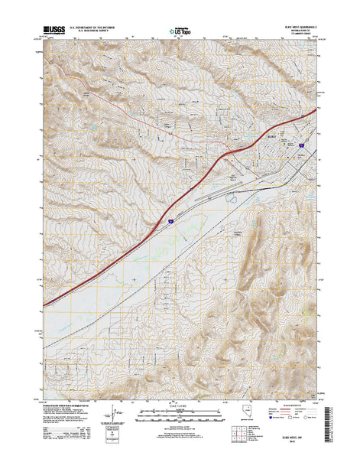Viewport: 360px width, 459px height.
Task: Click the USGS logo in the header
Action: [x=57, y=30]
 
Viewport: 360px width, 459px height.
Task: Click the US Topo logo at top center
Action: [x=181, y=31]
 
